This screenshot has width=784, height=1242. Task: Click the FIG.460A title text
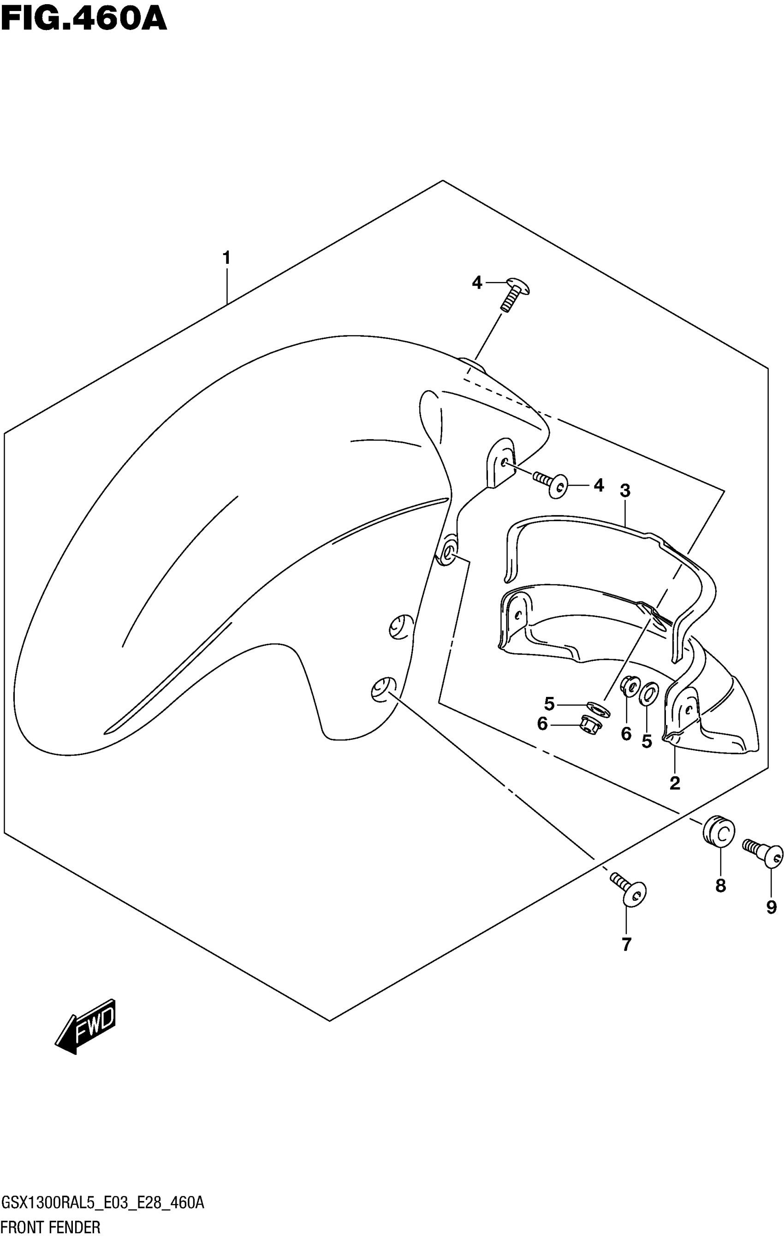(x=83, y=19)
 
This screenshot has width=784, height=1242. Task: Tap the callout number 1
(x=226, y=258)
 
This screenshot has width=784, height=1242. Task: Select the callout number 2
(x=675, y=783)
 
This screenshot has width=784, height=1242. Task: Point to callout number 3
(x=624, y=491)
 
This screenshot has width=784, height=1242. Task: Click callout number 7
(x=626, y=945)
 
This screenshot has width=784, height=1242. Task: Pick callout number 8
(x=720, y=885)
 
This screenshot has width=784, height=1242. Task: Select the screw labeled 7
(x=628, y=890)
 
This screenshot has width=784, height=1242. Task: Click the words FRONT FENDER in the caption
(x=51, y=1227)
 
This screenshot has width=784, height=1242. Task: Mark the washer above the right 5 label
(x=648, y=694)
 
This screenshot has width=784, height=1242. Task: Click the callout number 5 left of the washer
(x=549, y=703)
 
